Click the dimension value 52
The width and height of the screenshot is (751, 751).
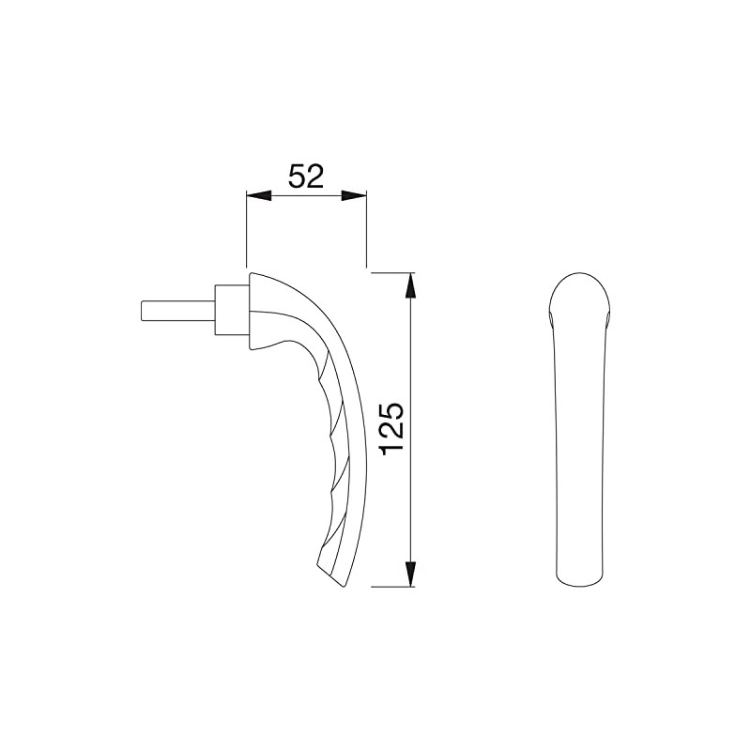pos(306,176)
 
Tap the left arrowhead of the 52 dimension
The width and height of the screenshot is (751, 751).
pos(257,195)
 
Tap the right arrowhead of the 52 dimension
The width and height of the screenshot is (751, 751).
pos(354,195)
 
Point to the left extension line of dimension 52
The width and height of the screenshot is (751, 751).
pos(246,230)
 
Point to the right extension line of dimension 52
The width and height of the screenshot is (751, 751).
pos(365,230)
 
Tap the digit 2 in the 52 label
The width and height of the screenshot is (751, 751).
pos(315,176)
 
